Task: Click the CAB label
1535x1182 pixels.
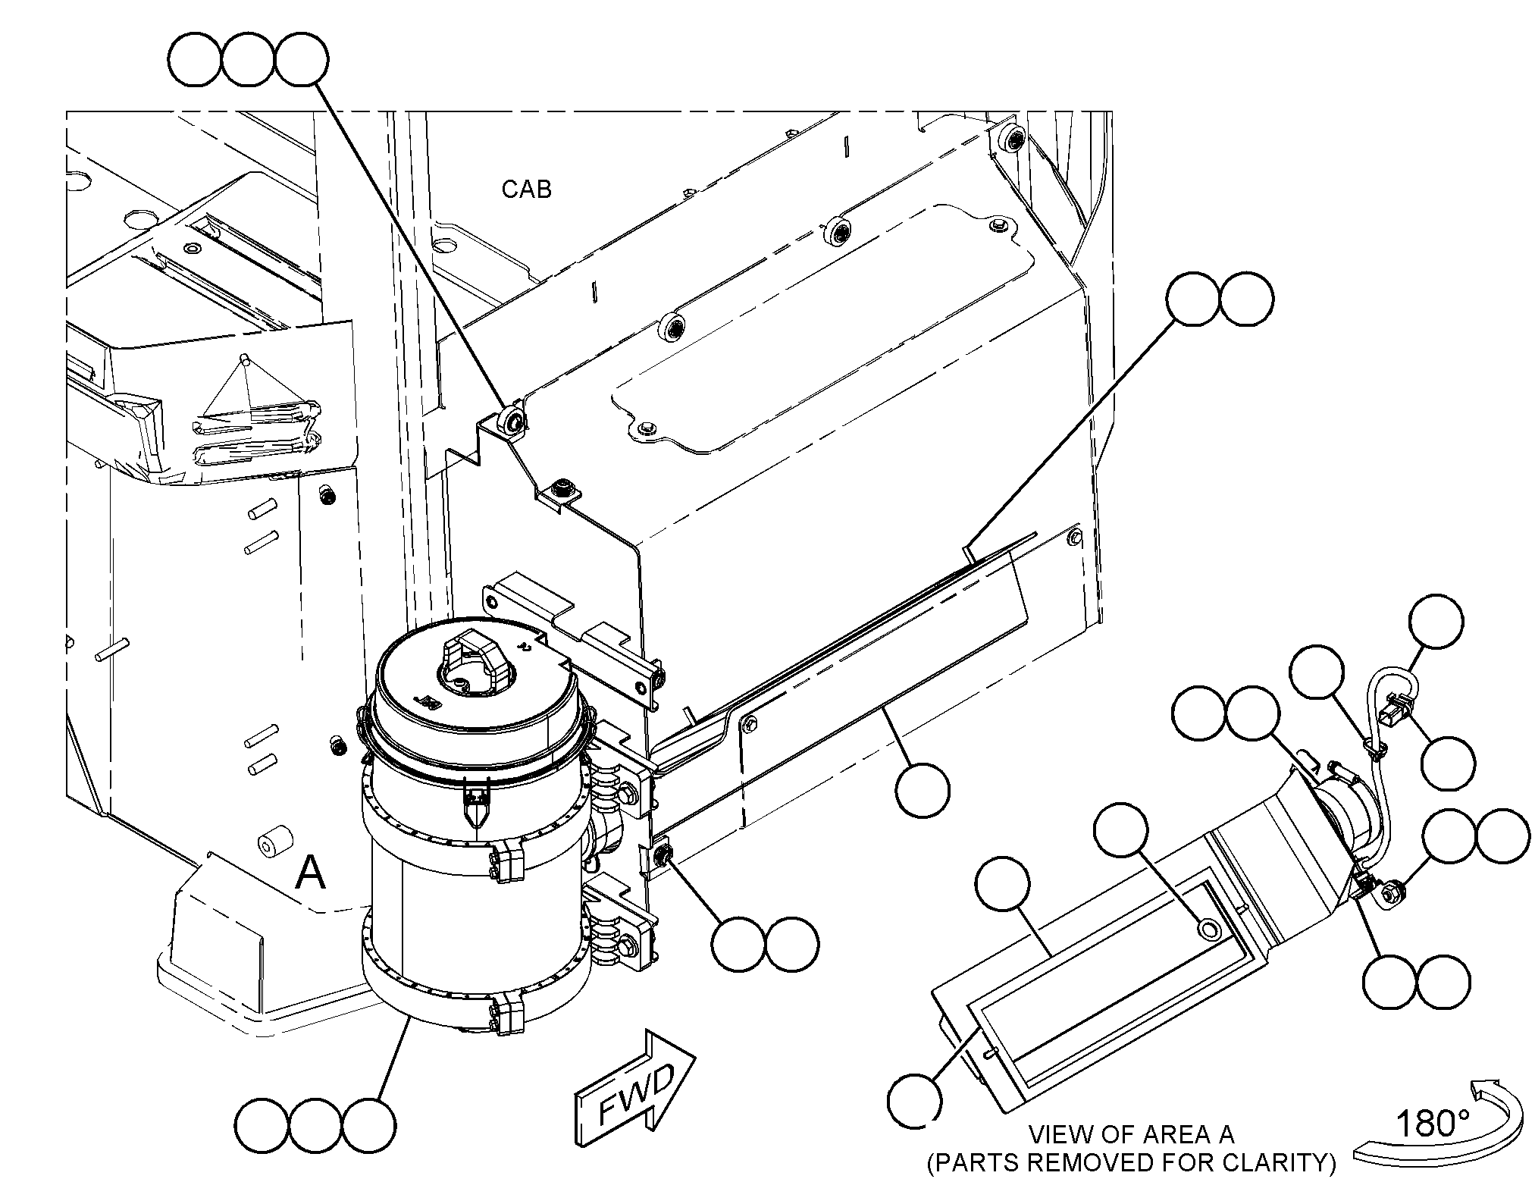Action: click(x=526, y=189)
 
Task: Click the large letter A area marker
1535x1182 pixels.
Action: click(x=310, y=872)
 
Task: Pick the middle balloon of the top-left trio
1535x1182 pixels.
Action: click(x=248, y=60)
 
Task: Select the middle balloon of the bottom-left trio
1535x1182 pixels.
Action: click(x=315, y=1124)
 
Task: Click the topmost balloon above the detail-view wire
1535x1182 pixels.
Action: click(x=1436, y=622)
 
